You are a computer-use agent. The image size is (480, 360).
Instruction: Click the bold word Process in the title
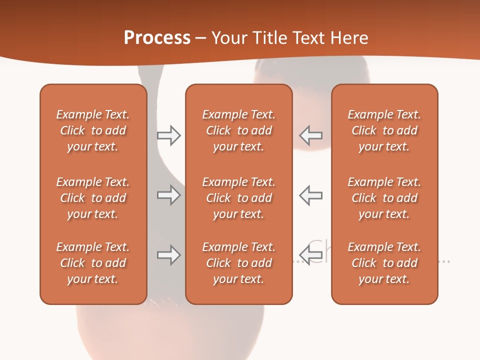point(157,38)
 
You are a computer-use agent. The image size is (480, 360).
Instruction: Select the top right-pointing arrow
point(168,135)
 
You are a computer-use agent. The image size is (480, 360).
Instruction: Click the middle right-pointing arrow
point(168,195)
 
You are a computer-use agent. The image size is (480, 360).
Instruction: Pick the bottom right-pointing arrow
point(168,255)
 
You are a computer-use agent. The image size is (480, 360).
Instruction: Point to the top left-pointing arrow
point(311,135)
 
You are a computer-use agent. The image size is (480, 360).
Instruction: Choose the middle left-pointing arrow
point(311,195)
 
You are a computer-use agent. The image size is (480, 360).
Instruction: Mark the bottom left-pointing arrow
point(311,255)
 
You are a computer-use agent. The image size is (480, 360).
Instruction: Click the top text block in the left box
point(93,130)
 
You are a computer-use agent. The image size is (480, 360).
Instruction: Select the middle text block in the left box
point(93,198)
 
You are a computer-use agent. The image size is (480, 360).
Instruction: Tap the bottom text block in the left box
point(93,263)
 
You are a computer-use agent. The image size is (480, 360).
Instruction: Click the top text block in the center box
point(238,130)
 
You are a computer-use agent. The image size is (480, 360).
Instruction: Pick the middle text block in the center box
point(238,198)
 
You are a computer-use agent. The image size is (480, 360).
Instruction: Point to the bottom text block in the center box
point(238,263)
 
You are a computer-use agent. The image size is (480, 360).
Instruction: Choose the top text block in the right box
point(384,130)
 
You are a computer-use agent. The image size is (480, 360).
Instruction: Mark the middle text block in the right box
point(384,198)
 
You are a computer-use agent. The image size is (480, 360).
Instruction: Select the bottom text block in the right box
point(384,263)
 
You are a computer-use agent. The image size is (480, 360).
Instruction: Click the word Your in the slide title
point(228,38)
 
